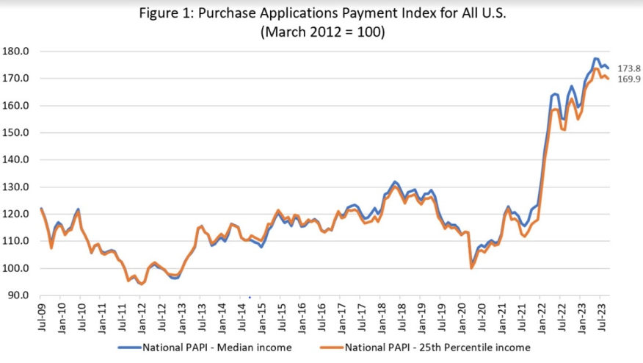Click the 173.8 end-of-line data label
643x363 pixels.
tap(628, 67)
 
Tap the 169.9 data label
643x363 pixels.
tap(628, 79)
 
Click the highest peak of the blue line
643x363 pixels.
tap(595, 58)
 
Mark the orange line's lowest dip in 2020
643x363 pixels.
tap(471, 267)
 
